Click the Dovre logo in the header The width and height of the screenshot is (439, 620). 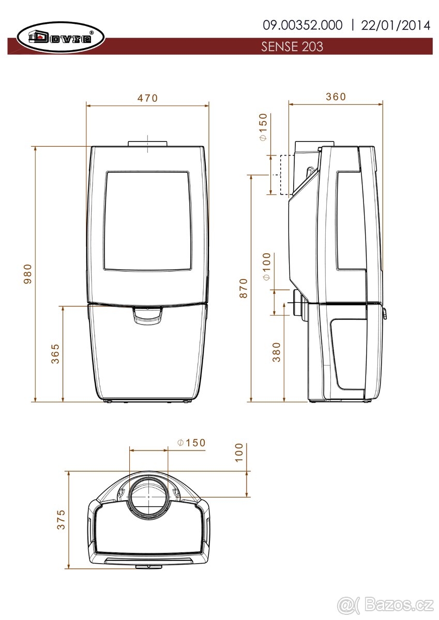[x=60, y=37]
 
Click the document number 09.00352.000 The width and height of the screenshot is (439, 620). [x=302, y=25]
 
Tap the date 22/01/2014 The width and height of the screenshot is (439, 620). [x=396, y=25]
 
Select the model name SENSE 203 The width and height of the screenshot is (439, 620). [x=292, y=47]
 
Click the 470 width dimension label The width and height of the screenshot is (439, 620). [x=147, y=98]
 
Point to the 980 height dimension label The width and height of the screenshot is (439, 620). [x=28, y=274]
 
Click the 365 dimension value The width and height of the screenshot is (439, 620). [x=55, y=354]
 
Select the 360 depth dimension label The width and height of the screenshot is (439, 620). [x=336, y=97]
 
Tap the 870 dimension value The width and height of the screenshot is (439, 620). [x=244, y=288]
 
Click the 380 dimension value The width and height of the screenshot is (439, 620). [x=277, y=352]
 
